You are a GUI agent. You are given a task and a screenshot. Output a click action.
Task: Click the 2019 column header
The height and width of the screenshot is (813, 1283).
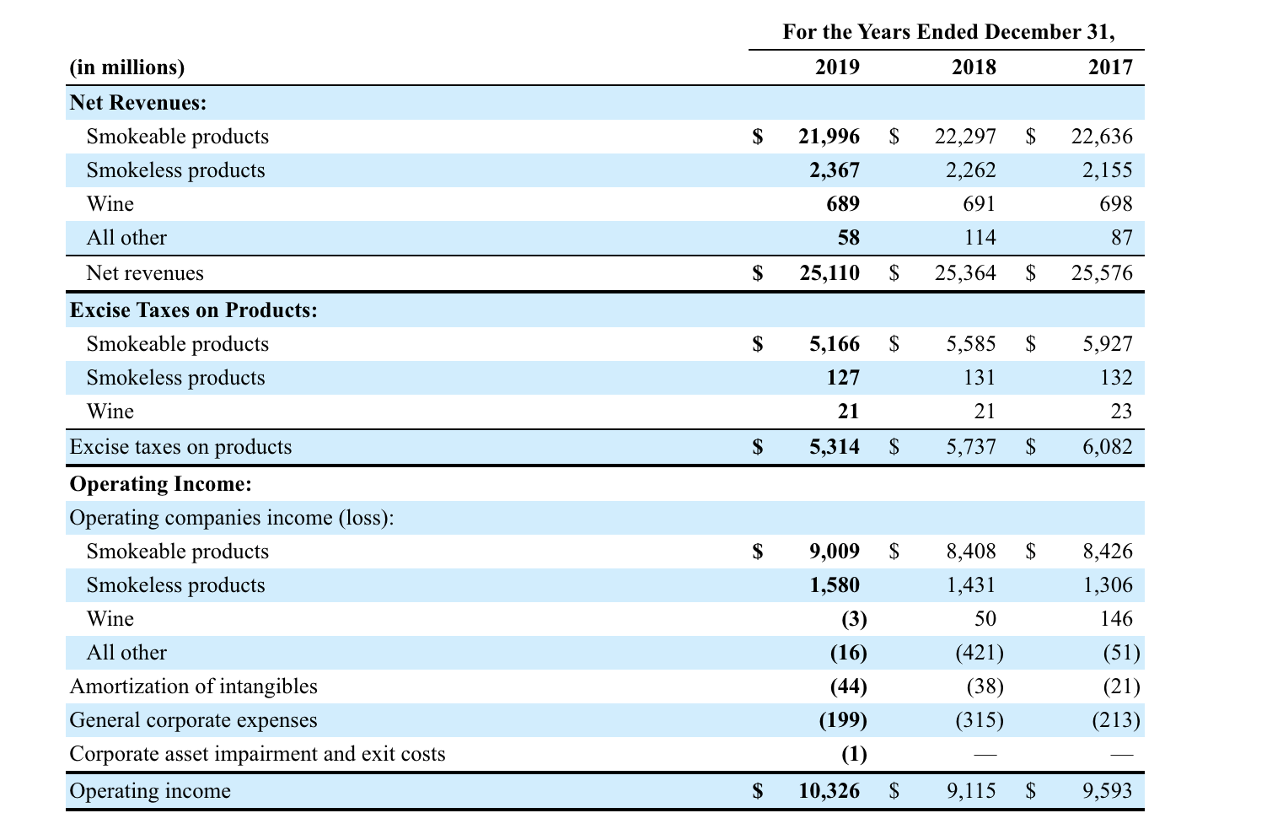tap(837, 67)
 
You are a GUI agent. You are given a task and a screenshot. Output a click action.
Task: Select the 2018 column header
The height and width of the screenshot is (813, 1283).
tap(974, 67)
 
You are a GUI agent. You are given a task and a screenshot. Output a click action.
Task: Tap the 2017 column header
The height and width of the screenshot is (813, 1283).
tap(1110, 67)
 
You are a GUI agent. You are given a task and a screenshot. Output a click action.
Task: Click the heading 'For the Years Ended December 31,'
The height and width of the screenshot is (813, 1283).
tap(948, 32)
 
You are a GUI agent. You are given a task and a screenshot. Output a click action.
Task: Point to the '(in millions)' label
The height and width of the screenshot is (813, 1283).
tap(126, 67)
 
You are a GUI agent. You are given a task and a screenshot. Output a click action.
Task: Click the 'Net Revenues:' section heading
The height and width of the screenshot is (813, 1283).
tap(138, 103)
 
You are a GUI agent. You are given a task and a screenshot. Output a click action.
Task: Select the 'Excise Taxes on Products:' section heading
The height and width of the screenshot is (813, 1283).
tap(193, 310)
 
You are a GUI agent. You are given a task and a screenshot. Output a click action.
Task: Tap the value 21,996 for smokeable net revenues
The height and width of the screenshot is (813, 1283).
tap(829, 137)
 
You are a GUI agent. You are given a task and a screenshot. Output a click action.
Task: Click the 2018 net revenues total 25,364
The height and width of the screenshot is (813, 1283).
tap(965, 273)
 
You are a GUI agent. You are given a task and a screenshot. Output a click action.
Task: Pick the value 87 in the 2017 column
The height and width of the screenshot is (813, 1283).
tap(1121, 238)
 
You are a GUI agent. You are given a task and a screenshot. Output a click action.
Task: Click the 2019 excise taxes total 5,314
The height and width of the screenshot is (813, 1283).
tap(835, 447)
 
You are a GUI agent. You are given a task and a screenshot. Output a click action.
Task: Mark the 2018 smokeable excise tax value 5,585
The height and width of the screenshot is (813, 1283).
tap(970, 344)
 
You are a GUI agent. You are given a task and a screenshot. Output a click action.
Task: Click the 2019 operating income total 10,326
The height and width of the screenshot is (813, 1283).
tap(829, 791)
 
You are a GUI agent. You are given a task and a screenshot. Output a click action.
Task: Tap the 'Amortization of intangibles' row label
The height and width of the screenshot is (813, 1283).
tap(193, 686)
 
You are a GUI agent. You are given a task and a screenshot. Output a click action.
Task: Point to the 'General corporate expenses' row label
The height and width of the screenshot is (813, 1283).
tap(193, 720)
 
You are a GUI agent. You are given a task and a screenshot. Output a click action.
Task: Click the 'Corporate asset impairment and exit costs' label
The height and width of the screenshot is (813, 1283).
tap(257, 754)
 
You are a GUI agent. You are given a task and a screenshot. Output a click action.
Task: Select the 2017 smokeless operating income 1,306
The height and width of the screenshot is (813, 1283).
tap(1108, 585)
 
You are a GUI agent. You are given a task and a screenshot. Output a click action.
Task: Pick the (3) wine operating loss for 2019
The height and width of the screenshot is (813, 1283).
tap(854, 619)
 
